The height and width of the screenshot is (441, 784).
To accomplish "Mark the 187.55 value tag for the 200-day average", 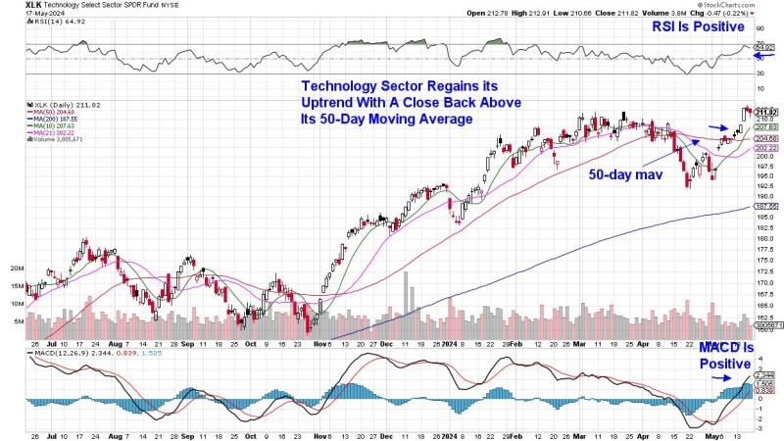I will [765, 208].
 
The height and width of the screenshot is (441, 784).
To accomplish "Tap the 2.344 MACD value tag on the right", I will [765, 373].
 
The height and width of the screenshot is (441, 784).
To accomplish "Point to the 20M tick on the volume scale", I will [17, 267].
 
